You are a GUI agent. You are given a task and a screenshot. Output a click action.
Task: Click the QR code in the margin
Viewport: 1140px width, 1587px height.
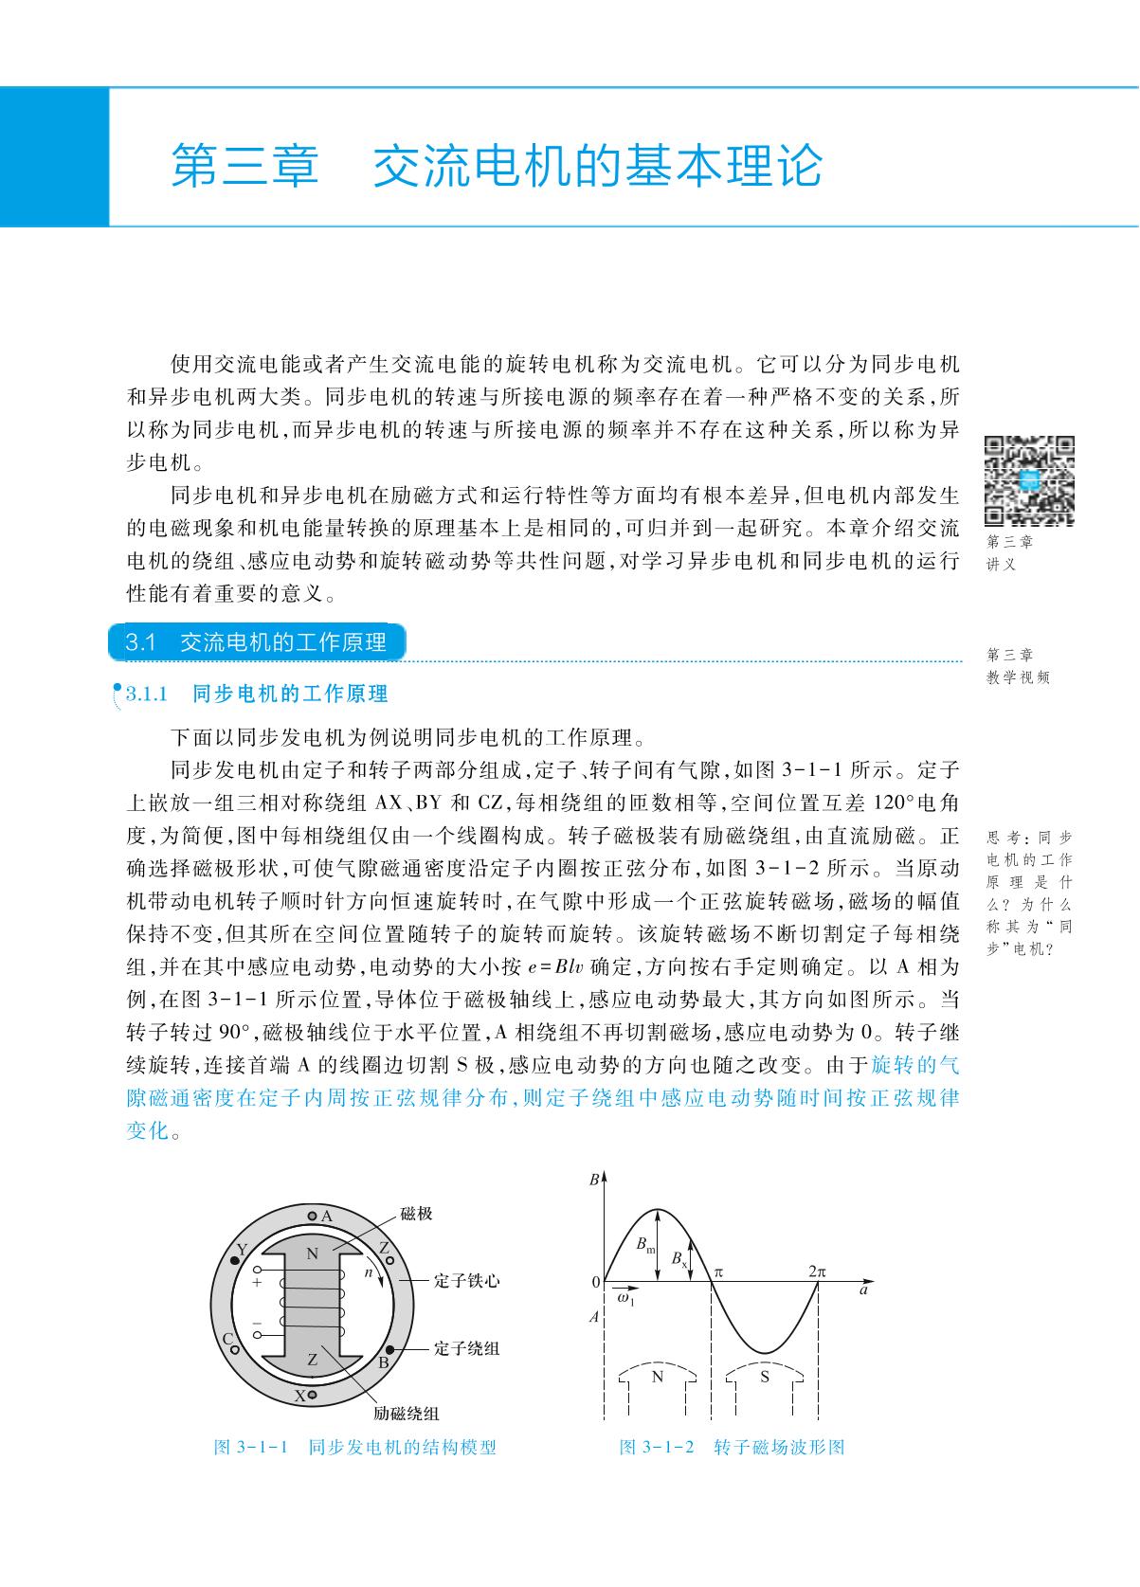tap(1029, 480)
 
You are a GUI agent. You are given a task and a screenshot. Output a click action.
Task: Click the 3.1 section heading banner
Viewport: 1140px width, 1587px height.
tap(258, 642)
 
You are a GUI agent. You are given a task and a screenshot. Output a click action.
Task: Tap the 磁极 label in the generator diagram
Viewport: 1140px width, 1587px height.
tap(416, 1213)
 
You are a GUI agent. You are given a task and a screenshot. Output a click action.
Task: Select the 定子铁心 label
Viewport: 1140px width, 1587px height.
tap(466, 1281)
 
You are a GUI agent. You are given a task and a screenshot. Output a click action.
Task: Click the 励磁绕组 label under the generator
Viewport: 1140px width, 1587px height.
tap(406, 1414)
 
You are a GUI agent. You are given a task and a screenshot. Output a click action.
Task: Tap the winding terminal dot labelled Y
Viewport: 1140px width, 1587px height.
tap(234, 1261)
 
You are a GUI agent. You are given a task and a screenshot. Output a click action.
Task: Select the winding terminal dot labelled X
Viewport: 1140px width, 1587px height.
tap(313, 1395)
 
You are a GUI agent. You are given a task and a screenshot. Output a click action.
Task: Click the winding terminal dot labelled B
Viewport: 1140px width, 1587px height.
tap(390, 1349)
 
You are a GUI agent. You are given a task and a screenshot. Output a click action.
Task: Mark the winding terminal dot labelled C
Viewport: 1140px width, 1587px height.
tap(235, 1349)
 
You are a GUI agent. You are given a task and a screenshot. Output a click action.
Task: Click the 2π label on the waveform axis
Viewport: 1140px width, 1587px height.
tap(818, 1271)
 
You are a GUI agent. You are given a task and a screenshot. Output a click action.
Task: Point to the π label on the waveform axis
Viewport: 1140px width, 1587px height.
tap(718, 1271)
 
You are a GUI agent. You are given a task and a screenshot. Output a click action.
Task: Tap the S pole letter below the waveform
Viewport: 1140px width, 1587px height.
tap(766, 1377)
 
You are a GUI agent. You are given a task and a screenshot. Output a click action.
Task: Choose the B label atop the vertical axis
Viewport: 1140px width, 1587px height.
tap(593, 1181)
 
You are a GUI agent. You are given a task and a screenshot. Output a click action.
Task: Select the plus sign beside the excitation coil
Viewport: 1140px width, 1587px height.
tap(257, 1282)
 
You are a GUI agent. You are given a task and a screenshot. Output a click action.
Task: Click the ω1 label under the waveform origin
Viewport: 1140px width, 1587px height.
tap(625, 1299)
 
